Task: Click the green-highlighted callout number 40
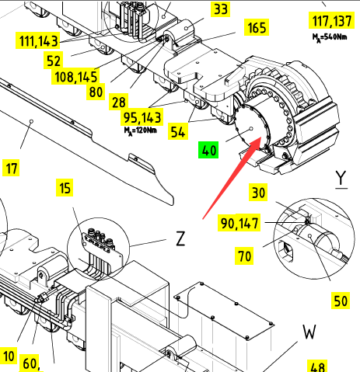coord(208,150)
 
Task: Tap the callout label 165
coord(257,27)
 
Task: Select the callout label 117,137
coord(331,20)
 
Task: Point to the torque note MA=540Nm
coord(330,37)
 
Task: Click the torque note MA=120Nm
coord(141,130)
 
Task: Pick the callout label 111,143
coord(38,40)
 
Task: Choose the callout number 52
coord(54,61)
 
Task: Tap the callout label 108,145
coord(75,77)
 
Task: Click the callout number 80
coord(96,92)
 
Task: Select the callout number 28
coord(119,102)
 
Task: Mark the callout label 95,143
coord(142,117)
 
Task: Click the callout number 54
coord(178,131)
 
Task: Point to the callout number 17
coord(11,169)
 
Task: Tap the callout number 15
coord(65,187)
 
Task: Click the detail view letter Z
coord(180,238)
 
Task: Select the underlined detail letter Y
coord(341,179)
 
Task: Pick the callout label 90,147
coord(239,223)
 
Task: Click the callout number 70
coord(244,256)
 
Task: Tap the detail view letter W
coord(309,332)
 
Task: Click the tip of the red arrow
coord(260,137)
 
